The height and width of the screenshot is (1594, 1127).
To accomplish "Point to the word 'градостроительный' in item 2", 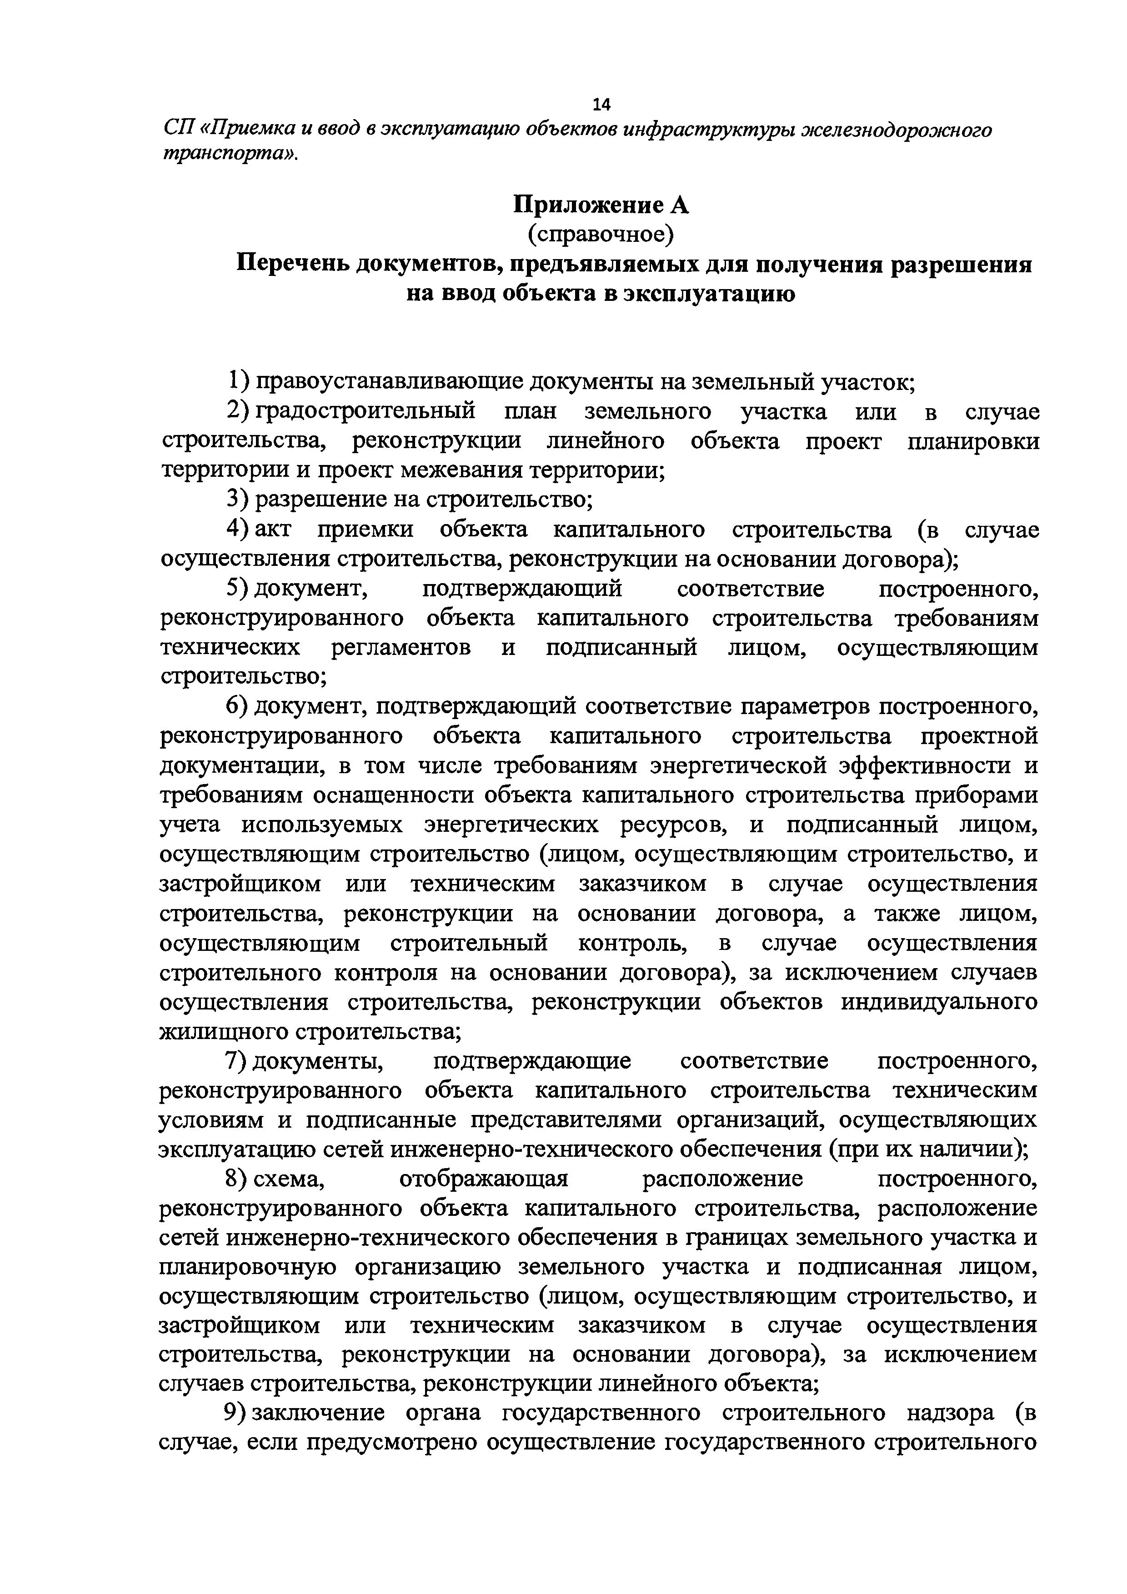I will click(365, 411).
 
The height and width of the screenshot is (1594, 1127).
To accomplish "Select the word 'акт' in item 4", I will click(273, 529).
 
